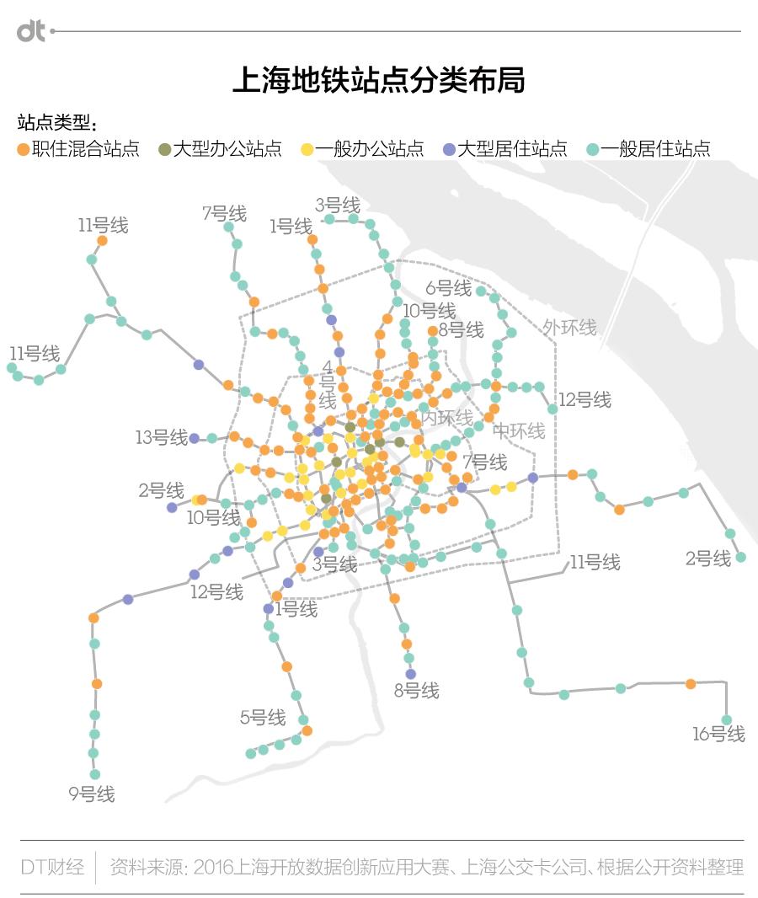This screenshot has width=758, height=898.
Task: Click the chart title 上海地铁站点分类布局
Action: pyautogui.click(x=378, y=81)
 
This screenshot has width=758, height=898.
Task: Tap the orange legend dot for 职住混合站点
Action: pyautogui.click(x=24, y=149)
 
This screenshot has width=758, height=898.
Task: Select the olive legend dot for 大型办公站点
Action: pyautogui.click(x=164, y=149)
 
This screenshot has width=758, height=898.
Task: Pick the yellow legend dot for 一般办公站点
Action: pyautogui.click(x=307, y=149)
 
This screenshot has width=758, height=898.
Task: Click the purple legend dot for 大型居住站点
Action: pyautogui.click(x=449, y=149)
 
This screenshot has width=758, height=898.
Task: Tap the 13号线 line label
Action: pyautogui.click(x=161, y=437)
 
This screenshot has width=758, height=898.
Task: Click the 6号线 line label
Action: pyautogui.click(x=448, y=288)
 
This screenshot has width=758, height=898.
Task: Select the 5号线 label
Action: pyautogui.click(x=263, y=718)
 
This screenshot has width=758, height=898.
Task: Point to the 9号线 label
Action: pyautogui.click(x=91, y=794)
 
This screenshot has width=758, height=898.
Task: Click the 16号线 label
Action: pyautogui.click(x=718, y=734)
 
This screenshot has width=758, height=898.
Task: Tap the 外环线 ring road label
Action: pyautogui.click(x=569, y=327)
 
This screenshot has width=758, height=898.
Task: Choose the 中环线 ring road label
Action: pyautogui.click(x=519, y=431)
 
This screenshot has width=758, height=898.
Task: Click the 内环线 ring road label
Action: pyautogui.click(x=447, y=417)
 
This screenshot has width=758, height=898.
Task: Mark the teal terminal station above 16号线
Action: pyautogui.click(x=727, y=719)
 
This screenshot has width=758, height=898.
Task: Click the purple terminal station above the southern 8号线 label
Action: pyautogui.click(x=411, y=674)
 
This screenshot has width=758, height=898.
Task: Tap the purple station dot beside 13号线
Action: pyautogui.click(x=195, y=438)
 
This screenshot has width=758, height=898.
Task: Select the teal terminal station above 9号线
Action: pyautogui.click(x=95, y=774)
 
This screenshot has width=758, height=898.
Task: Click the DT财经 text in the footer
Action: pyautogui.click(x=52, y=867)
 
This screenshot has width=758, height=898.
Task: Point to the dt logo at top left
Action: pyautogui.click(x=31, y=31)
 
